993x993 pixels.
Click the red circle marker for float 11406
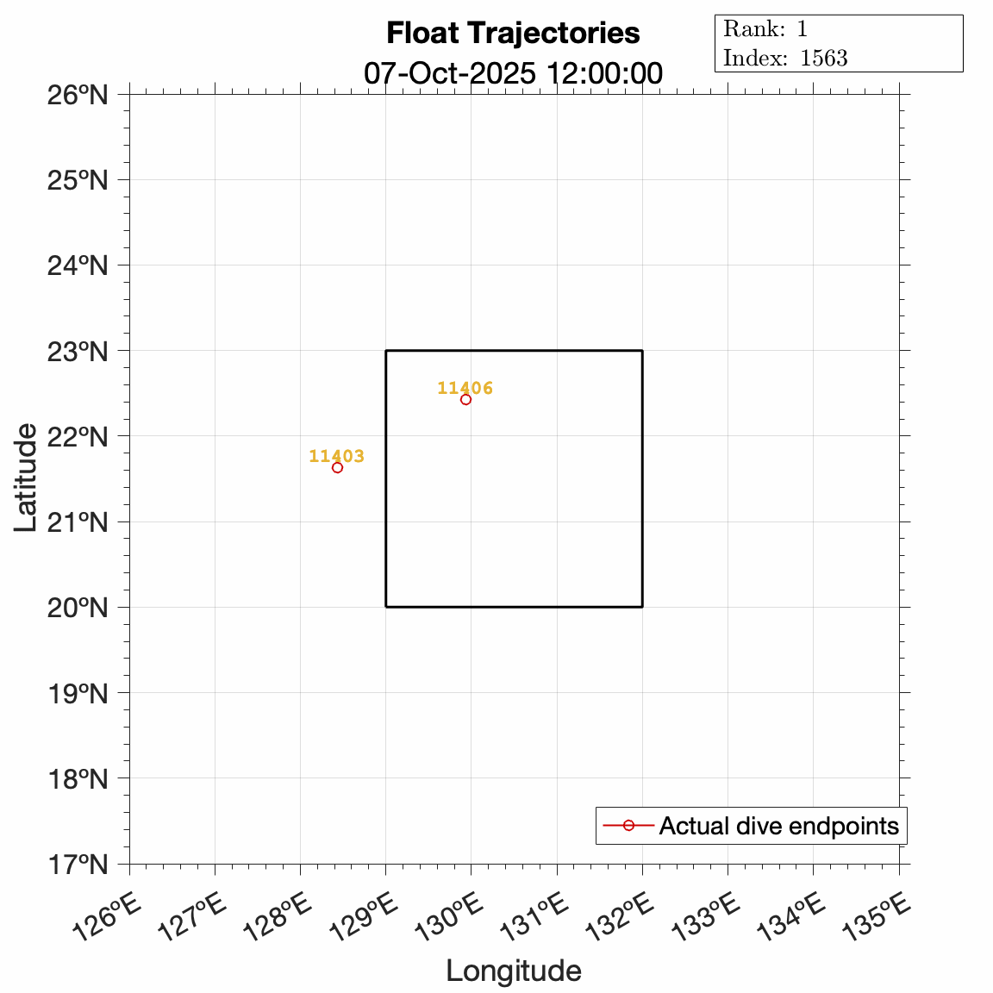point(465,399)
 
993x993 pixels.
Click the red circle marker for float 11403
point(337,467)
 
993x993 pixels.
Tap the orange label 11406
point(465,388)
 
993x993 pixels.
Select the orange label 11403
point(336,456)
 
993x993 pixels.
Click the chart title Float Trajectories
point(513,33)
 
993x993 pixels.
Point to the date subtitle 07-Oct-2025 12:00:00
point(513,73)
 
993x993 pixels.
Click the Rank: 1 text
point(765,28)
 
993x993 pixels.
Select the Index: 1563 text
point(785,58)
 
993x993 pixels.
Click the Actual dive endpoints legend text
point(778,826)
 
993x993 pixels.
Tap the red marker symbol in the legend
point(628,826)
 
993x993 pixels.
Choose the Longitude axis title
point(513,971)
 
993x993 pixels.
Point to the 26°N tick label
point(77,94)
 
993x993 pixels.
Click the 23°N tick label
point(77,351)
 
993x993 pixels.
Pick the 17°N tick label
point(77,864)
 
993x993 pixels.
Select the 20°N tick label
point(77,607)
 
